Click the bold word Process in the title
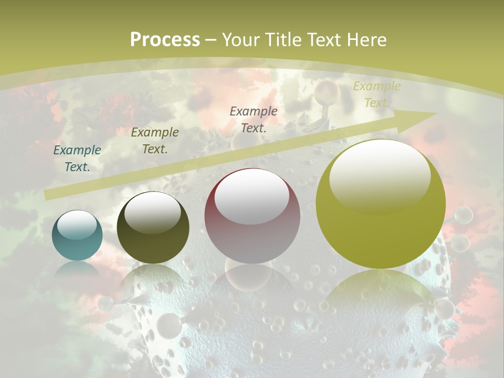[x=165, y=40]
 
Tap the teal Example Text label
[x=77, y=159]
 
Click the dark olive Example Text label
[x=155, y=141]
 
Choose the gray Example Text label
[x=254, y=119]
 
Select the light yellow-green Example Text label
[x=376, y=94]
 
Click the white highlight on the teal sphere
[x=77, y=225]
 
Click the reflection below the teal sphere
[x=77, y=270]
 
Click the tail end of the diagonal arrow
[x=48, y=195]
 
